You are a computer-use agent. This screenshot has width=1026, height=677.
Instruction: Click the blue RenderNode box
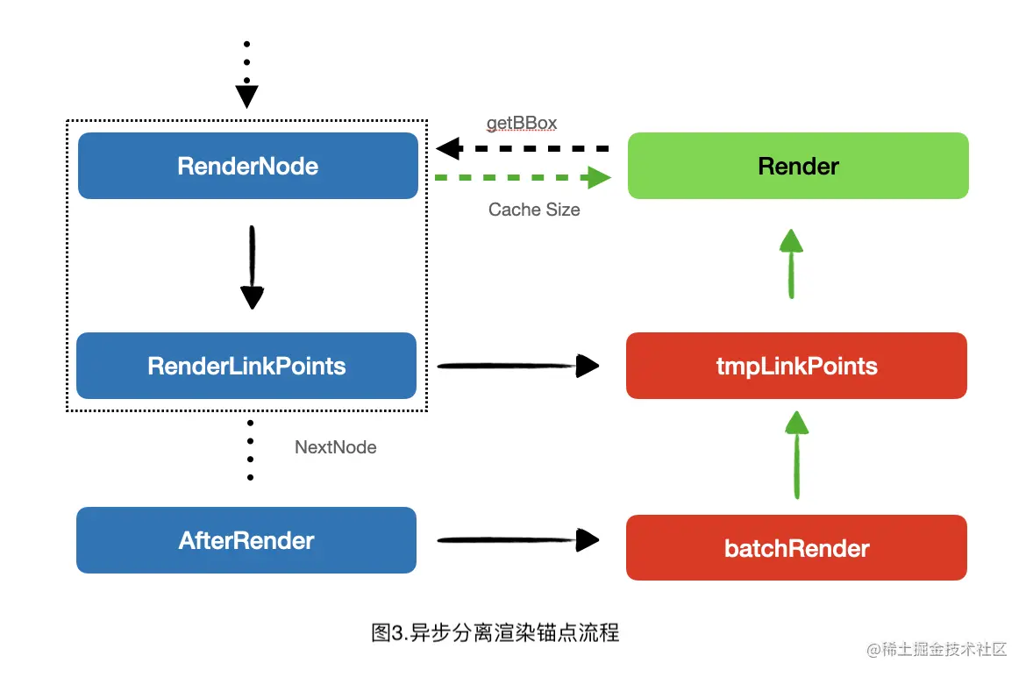247,166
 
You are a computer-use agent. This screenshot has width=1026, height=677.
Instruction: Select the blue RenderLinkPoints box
246,366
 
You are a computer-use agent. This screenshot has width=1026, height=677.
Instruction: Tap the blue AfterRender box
246,540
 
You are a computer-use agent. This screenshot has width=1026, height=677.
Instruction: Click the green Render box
798,166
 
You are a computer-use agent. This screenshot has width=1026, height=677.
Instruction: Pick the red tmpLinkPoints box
796,366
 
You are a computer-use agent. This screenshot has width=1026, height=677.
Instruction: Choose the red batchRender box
796,548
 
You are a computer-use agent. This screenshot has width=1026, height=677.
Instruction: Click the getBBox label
522,123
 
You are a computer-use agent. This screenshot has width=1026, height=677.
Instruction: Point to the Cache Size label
534,210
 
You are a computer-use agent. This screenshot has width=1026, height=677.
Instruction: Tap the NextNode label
335,447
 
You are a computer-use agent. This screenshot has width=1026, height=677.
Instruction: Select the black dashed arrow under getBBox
523,149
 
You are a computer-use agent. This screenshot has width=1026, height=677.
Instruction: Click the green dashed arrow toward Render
523,178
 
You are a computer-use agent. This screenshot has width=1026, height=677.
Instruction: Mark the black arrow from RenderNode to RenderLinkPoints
252,267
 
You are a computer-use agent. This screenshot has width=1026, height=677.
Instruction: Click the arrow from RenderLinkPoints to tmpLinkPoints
517,366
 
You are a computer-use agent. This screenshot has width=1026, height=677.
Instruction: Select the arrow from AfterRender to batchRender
517,540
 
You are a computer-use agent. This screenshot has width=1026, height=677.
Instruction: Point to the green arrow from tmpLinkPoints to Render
791,264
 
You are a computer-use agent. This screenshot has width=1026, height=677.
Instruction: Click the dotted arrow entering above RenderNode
246,75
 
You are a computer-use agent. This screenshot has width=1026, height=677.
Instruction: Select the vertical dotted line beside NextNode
250,450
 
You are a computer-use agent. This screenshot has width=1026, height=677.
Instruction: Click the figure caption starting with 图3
495,632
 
